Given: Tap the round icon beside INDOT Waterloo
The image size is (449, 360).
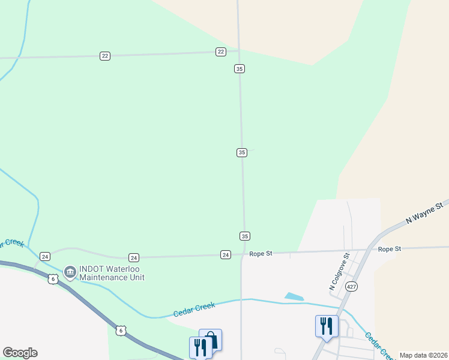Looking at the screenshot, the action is pyautogui.click(x=70, y=272).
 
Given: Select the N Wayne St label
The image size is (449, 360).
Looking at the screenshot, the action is pyautogui.click(x=424, y=213).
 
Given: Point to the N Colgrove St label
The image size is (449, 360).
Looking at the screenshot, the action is pyautogui.click(x=339, y=272).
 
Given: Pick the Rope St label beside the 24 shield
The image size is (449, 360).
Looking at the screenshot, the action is pyautogui.click(x=261, y=254).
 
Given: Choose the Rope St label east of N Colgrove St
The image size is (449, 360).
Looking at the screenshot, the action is pyautogui.click(x=389, y=248).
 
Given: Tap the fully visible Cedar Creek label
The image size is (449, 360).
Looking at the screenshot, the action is pyautogui.click(x=194, y=310).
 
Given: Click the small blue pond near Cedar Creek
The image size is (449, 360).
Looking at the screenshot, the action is pyautogui.click(x=294, y=296).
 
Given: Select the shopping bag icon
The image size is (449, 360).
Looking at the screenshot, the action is pyautogui.click(x=211, y=339).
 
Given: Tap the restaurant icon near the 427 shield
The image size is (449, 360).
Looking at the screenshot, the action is pyautogui.click(x=327, y=326).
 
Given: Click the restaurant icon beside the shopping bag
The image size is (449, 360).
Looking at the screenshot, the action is pyautogui.click(x=200, y=347).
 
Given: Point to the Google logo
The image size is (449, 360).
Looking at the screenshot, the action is pyautogui.click(x=20, y=353).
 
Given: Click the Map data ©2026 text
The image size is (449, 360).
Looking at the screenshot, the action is pyautogui.click(x=424, y=355).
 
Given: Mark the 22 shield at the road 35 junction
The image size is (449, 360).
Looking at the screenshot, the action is pyautogui.click(x=221, y=52).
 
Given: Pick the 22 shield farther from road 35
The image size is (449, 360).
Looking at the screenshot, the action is pyautogui.click(x=105, y=56).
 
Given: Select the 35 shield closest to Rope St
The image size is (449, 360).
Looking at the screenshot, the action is pyautogui.click(x=244, y=236).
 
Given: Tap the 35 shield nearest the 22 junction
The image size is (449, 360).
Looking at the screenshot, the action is pyautogui.click(x=240, y=69).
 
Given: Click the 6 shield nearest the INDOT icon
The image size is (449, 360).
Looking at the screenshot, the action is pyautogui.click(x=53, y=280).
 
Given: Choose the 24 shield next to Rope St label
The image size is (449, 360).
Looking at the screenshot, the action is pyautogui.click(x=226, y=254).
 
